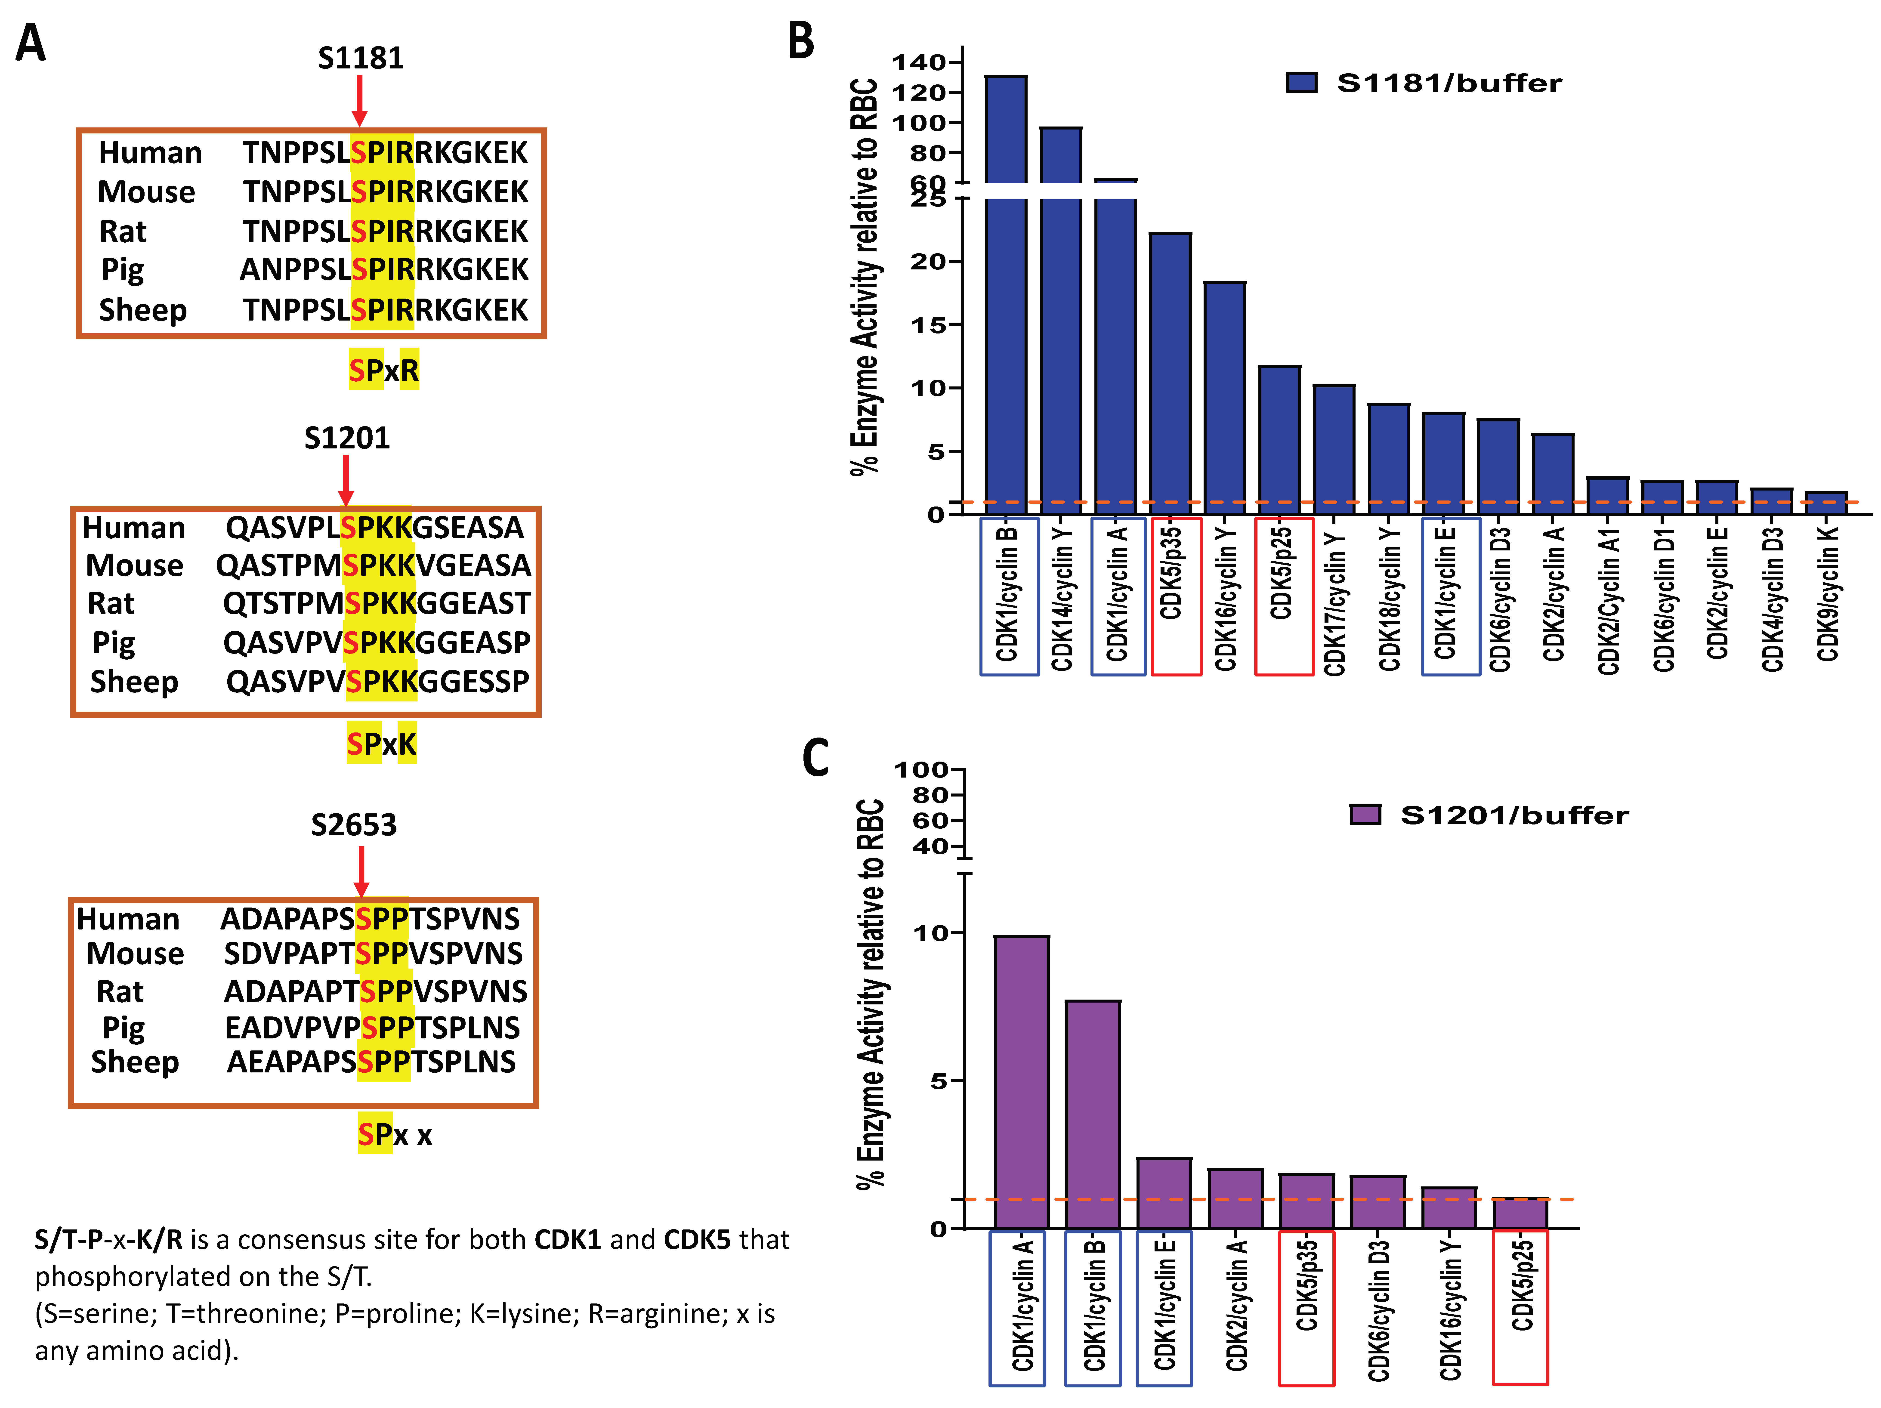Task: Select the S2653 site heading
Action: [x=354, y=825]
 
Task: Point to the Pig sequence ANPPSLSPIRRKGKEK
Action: [x=384, y=269]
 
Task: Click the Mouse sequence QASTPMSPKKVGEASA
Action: [x=373, y=565]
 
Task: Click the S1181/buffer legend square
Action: [x=1301, y=83]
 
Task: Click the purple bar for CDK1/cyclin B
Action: [x=1093, y=1114]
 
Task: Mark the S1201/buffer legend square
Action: [x=1365, y=815]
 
